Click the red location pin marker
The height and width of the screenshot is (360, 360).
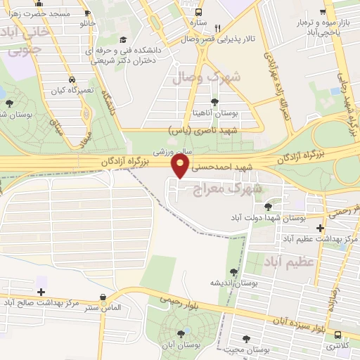click(x=181, y=165)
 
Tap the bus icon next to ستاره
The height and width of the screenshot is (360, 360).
click(x=199, y=12)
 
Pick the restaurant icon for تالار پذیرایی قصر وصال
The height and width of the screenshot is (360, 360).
click(x=218, y=28)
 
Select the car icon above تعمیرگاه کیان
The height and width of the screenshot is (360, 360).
click(x=72, y=80)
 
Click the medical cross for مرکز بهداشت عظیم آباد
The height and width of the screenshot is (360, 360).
click(x=320, y=229)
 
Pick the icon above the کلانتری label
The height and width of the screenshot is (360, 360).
click(x=337, y=335)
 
